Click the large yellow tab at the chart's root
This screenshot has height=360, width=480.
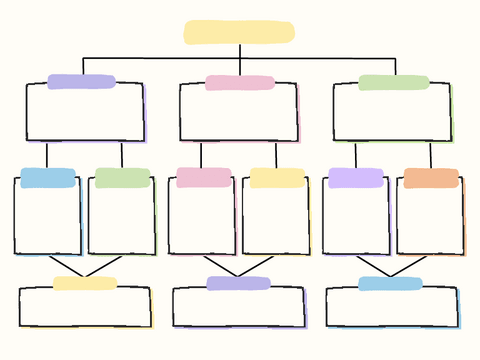(x=239, y=32)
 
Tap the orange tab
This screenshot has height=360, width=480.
(x=431, y=178)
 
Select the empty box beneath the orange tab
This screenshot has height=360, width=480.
(x=430, y=220)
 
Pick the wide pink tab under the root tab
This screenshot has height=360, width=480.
(x=240, y=83)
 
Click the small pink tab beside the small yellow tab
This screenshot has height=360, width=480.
(x=204, y=178)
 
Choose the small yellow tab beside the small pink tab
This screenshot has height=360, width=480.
(x=277, y=178)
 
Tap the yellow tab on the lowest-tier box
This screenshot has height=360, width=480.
(x=85, y=283)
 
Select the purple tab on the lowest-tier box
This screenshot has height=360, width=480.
(x=238, y=283)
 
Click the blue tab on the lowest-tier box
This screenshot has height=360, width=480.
(x=390, y=283)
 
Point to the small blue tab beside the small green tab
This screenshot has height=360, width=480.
(x=48, y=178)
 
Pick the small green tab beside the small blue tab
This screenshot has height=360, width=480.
(x=122, y=178)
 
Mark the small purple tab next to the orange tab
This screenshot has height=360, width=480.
(x=355, y=178)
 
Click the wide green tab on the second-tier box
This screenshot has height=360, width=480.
(x=393, y=83)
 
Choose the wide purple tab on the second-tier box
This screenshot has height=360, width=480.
(x=81, y=82)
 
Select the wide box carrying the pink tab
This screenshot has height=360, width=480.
(x=239, y=115)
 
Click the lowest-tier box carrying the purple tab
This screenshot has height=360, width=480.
(x=238, y=309)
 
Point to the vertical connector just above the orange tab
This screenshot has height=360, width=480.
(x=431, y=154)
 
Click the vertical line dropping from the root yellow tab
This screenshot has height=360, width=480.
(x=239, y=51)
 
